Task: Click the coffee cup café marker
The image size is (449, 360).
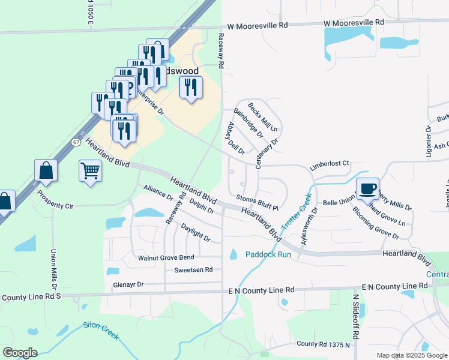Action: coord(367,189)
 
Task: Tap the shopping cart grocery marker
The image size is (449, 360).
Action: coord(90,172)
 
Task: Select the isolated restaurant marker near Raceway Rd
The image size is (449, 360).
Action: coord(191,89)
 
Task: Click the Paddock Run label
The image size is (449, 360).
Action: coord(268,254)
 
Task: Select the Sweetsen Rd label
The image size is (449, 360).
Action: coord(193,270)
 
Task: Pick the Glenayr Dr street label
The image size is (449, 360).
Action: coord(128,284)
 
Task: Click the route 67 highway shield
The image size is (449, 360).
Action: coord(76,142)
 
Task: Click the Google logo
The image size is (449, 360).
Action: coord(20,353)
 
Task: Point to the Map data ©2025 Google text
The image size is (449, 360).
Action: coord(411,355)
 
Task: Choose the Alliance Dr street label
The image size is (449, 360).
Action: coord(158,193)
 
